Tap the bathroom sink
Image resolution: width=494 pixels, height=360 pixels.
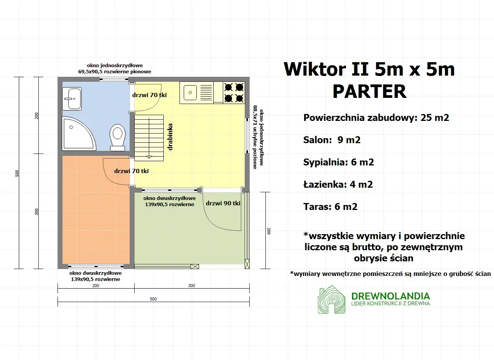[x=72, y=99]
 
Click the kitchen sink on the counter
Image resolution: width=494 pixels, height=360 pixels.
[x=197, y=92]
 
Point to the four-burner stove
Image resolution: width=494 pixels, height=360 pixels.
[x=234, y=92]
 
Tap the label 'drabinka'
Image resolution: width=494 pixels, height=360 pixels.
[x=170, y=136]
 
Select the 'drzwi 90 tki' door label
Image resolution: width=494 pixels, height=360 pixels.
[x=223, y=203]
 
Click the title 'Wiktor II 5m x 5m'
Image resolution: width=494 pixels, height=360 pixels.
[x=369, y=69]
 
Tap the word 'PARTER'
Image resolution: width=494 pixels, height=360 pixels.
[x=369, y=91]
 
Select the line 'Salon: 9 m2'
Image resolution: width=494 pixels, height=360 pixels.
[x=332, y=140]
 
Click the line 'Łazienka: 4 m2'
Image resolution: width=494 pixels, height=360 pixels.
[x=338, y=185]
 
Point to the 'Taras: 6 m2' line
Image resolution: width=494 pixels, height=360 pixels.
[x=330, y=207]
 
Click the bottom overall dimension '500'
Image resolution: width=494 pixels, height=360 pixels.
[x=153, y=299]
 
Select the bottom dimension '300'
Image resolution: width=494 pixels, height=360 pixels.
[x=192, y=286]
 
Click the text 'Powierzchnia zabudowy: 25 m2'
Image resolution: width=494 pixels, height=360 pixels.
[x=376, y=118]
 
